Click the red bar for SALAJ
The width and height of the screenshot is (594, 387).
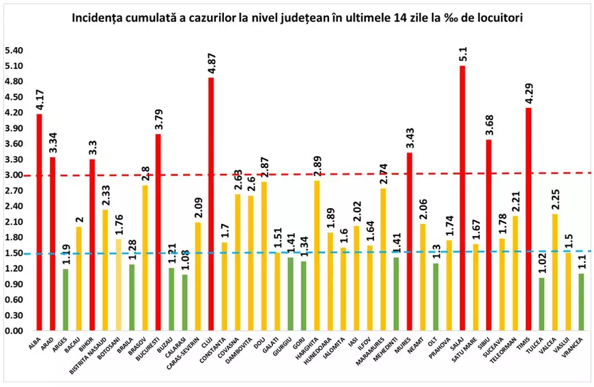click(463, 198)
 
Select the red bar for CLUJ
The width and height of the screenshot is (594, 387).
click(211, 205)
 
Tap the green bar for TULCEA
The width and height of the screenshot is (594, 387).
click(542, 304)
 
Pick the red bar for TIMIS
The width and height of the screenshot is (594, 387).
click(528, 218)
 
